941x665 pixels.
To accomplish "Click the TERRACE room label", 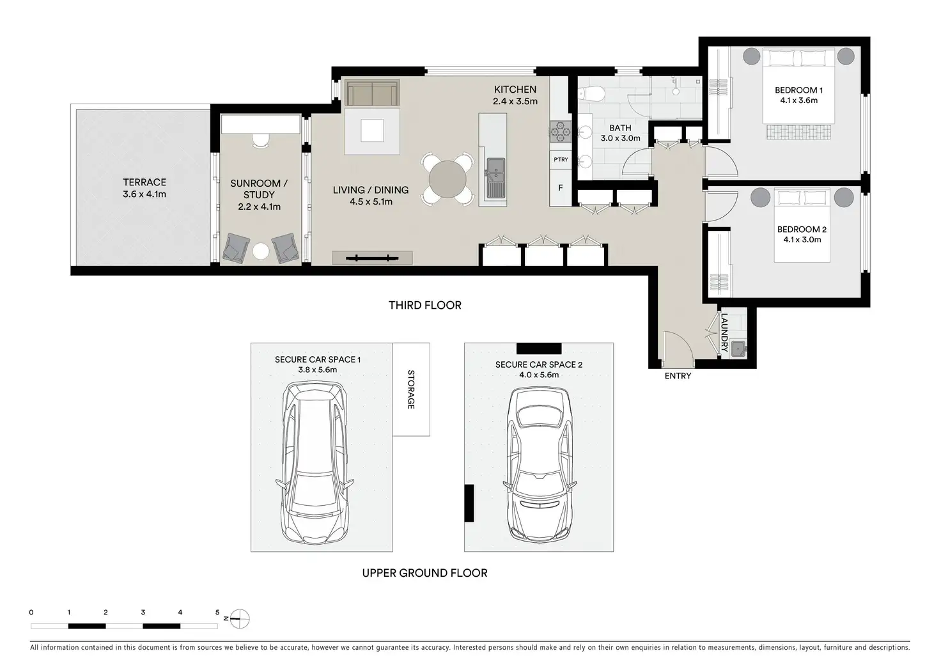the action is click(x=144, y=182).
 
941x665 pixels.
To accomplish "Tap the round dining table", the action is click(x=447, y=180).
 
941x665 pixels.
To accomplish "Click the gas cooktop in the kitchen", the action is click(x=561, y=132).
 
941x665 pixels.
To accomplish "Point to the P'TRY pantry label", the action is click(x=561, y=160).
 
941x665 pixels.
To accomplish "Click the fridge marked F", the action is click(x=561, y=188).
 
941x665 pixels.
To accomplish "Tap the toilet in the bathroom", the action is click(x=590, y=94).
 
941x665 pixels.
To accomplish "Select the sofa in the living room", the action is click(x=372, y=93).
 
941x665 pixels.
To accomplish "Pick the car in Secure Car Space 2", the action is click(x=539, y=464).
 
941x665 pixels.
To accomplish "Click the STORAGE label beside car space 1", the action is click(x=411, y=389).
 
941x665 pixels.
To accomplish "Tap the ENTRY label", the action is click(x=678, y=376).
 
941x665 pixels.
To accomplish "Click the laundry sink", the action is click(x=738, y=348).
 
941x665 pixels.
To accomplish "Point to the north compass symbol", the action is click(x=240, y=619).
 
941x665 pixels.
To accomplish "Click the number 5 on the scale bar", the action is click(x=217, y=613).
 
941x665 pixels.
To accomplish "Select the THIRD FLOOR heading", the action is click(x=424, y=306).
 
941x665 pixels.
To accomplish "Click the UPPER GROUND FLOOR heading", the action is click(x=424, y=573).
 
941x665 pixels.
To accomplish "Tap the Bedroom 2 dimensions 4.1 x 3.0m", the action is click(x=802, y=240).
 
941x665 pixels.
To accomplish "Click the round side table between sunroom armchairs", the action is click(x=260, y=251).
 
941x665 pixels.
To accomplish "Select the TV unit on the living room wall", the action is click(x=372, y=258).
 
